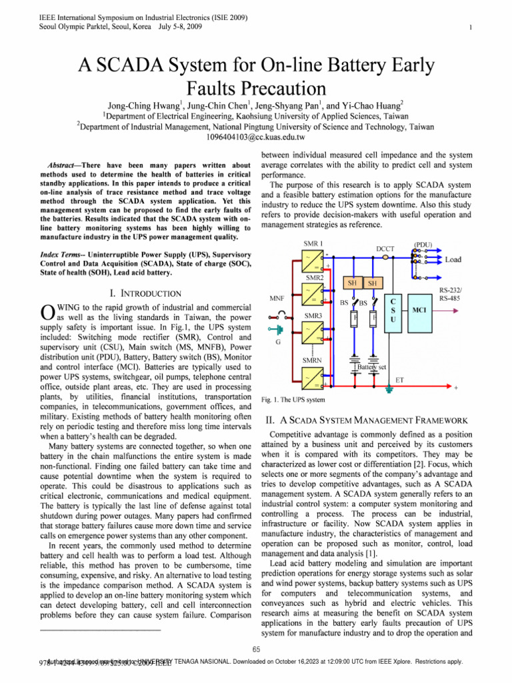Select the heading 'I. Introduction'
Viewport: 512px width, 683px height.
click(x=144, y=293)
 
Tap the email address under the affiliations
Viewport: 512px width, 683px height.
click(x=256, y=137)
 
